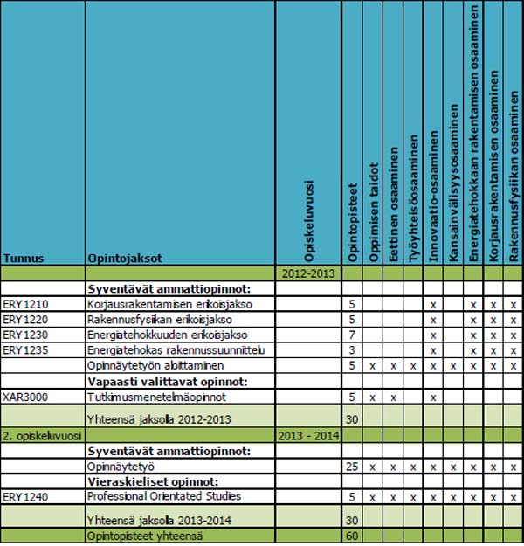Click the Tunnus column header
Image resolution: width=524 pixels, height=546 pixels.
click(24, 259)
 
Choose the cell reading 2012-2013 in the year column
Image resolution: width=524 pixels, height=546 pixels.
click(307, 273)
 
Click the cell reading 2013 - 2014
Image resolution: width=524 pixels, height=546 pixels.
click(307, 434)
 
